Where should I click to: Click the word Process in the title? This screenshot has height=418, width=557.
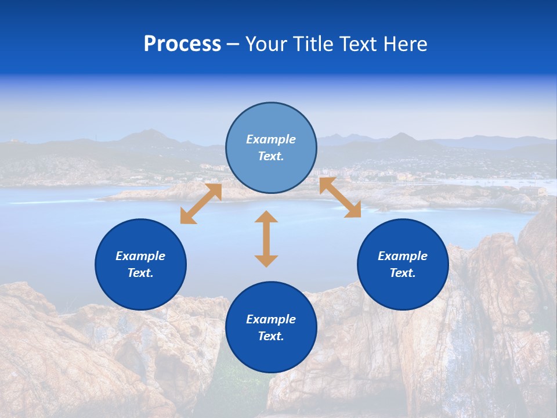[x=182, y=44]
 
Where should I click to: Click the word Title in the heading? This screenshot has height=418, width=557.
[x=313, y=44]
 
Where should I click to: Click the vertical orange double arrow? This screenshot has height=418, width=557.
[x=266, y=239]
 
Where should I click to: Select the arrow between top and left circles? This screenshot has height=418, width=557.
[x=201, y=204]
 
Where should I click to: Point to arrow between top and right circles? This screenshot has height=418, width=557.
[x=340, y=197]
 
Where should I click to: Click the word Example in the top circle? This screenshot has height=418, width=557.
[x=271, y=139]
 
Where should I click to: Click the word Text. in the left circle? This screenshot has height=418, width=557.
[x=140, y=273]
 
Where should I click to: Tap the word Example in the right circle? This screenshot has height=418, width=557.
[x=403, y=256]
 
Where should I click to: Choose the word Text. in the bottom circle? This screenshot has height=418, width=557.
[x=271, y=336]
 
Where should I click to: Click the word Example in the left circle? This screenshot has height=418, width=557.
[x=140, y=256]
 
